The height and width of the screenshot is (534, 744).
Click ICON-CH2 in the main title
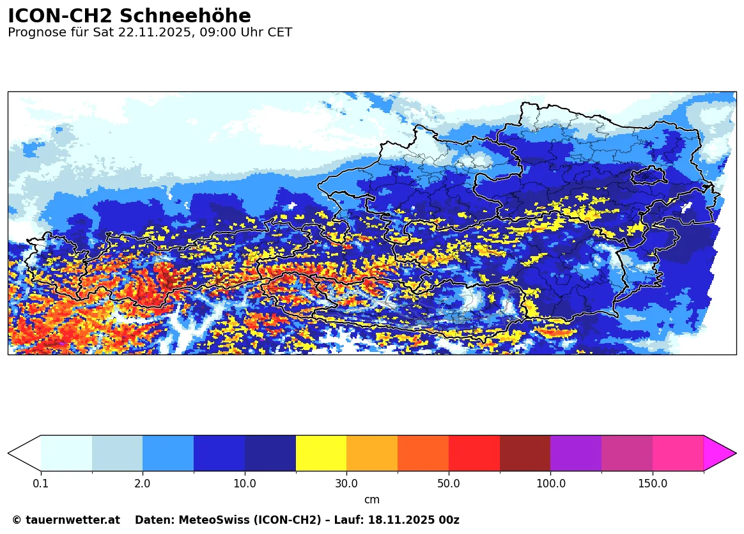pos(60,16)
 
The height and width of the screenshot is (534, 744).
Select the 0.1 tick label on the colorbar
pos(41,484)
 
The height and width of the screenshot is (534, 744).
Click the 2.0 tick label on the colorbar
pos(143,484)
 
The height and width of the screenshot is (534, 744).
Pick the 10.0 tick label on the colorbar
pos(245,484)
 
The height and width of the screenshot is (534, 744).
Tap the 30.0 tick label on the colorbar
pos(346,484)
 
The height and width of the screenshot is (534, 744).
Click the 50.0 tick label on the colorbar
pos(449,484)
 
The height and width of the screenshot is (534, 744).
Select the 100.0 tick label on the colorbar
pos(550,484)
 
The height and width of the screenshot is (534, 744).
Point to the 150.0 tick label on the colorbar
pos(653,484)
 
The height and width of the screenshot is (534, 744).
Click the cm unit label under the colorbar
pos(372,500)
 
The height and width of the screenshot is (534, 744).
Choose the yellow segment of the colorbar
pos(321,453)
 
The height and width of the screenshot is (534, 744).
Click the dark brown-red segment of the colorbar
pos(525,453)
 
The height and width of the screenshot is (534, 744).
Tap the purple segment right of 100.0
pos(576,453)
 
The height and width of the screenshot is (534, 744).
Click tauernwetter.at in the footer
pos(73,521)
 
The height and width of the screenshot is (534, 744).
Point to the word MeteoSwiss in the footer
pos(201,521)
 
